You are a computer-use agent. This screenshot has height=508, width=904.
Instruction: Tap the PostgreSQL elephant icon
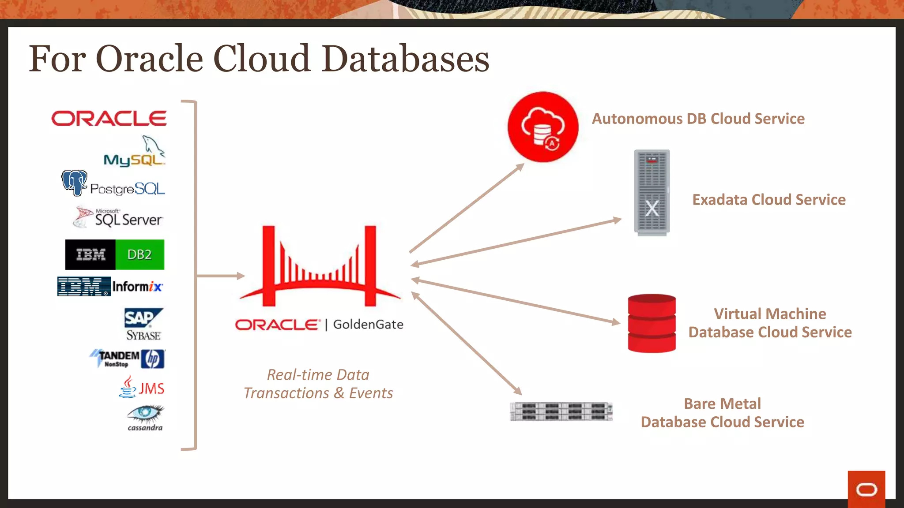pos(74,183)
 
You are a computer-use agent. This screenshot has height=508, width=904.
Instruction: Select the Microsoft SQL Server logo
pos(118,217)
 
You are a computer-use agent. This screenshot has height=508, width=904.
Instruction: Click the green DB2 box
pos(139,255)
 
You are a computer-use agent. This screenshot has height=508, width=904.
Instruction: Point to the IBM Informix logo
pos(110,287)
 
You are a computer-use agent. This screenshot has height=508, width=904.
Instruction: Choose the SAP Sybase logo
pos(143,325)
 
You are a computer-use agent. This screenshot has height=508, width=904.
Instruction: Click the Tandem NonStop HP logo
pos(128,359)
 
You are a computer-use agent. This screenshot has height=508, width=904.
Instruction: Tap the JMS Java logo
pos(142,387)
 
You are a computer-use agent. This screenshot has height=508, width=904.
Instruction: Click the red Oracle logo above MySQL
pos(109,119)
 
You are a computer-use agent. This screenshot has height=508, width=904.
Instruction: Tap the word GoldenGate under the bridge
pos(368,325)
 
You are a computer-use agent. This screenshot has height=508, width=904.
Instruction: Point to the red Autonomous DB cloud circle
pos(542,127)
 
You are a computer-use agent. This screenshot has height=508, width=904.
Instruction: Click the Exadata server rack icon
pos(652,192)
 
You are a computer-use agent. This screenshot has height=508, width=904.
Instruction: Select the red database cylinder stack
pos(652,323)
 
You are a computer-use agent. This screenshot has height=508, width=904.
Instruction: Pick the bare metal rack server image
pos(561,411)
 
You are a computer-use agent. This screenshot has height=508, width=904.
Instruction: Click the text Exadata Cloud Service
pos(768,200)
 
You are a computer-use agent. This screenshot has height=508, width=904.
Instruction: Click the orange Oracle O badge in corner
pos(866,489)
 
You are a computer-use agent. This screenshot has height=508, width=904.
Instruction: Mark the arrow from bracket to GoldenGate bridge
pos(221,276)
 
